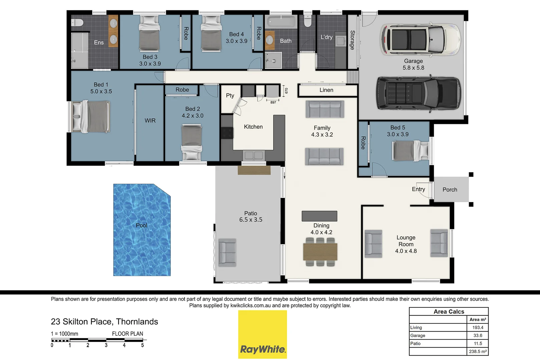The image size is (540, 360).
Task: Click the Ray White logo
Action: [262, 334]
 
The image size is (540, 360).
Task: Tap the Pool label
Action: [141, 225]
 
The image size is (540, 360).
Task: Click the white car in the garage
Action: [420, 39]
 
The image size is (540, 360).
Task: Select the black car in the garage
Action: [419, 93]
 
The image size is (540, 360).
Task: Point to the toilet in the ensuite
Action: [77, 23]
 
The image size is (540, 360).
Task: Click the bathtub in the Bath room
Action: [282, 22]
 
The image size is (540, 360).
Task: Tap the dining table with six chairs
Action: [320, 252]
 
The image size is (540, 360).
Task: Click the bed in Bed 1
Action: [91, 117]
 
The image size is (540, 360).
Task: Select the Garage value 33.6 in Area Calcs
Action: [478, 335]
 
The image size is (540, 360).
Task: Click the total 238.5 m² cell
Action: [478, 351]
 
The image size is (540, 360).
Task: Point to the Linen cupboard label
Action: [326, 90]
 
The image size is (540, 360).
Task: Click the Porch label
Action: [450, 190]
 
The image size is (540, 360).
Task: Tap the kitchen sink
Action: [253, 155]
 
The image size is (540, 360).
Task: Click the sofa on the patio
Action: [227, 252]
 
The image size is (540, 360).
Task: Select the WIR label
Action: [150, 121]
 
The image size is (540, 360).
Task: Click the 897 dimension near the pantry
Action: [273, 102]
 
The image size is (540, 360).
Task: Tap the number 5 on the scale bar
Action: [142, 345]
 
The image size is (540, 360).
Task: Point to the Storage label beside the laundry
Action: [353, 40]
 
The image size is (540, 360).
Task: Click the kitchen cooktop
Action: [227, 133]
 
